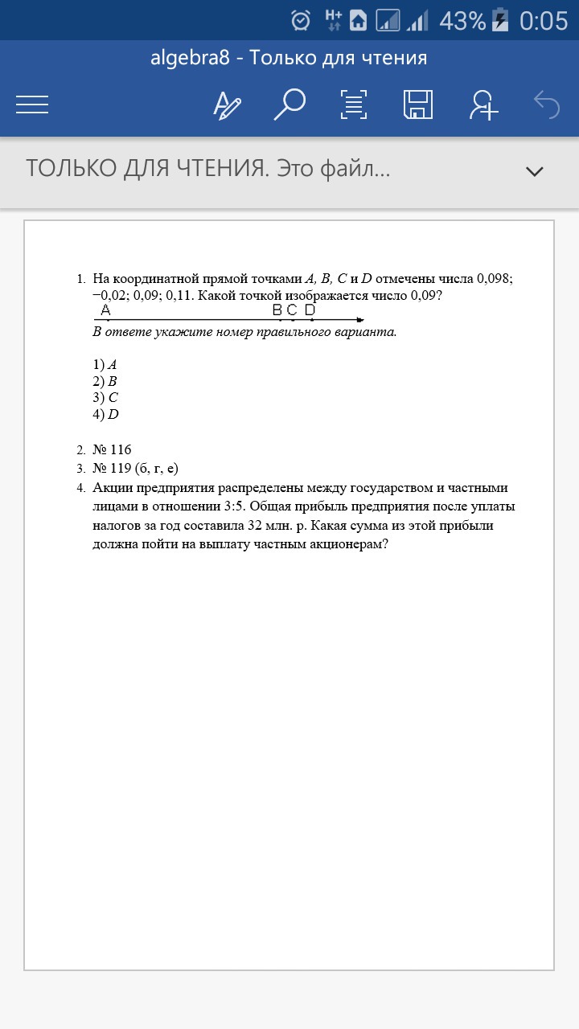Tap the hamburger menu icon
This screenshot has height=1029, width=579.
[x=32, y=105]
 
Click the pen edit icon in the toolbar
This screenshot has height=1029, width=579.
[x=227, y=105]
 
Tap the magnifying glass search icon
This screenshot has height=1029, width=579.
[x=289, y=105]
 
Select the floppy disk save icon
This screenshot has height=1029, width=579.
[x=418, y=105]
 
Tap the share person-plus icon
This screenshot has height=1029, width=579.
[x=484, y=105]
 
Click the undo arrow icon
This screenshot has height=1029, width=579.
[x=547, y=105]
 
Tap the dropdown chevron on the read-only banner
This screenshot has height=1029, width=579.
[x=534, y=170]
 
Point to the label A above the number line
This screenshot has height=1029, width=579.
[x=106, y=310]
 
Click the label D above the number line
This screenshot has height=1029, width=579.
[x=310, y=310]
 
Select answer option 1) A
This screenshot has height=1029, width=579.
[x=105, y=364]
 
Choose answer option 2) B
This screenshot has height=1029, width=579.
[x=105, y=381]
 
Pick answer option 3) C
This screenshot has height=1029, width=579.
[x=105, y=398]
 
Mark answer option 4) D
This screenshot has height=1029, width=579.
[x=105, y=415]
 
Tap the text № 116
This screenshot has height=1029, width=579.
[x=112, y=450]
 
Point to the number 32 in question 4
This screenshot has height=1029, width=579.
[x=257, y=526]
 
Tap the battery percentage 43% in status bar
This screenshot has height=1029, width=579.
[x=462, y=20]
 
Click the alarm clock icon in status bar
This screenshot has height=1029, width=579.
[x=301, y=20]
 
